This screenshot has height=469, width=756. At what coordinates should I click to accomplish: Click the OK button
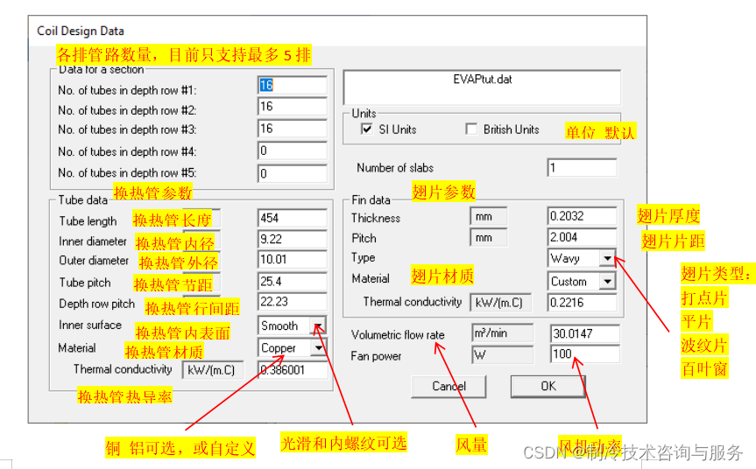point(548,386)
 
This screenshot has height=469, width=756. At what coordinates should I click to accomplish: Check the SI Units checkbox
point(368,129)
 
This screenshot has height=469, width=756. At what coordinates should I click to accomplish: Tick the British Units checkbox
point(473,129)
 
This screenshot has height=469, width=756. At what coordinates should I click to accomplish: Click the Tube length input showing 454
point(292,218)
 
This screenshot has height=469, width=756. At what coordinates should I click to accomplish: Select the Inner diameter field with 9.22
point(292,239)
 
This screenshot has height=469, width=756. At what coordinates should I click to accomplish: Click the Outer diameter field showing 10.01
point(292,260)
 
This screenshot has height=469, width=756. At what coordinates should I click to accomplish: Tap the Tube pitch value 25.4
point(292,282)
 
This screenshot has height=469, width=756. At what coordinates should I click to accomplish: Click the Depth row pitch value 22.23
point(292,303)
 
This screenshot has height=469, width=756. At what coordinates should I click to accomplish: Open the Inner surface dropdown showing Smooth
point(319,325)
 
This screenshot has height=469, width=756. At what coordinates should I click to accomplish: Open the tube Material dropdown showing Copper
point(319,347)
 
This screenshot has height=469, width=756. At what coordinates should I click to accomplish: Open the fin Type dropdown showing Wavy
point(607,258)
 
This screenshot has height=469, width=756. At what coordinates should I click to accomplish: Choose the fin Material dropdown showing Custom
point(607,282)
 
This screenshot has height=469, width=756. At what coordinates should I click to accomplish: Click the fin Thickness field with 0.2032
point(582,215)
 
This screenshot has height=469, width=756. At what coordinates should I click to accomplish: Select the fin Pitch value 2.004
point(582,237)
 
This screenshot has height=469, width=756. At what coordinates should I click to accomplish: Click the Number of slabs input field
point(582,167)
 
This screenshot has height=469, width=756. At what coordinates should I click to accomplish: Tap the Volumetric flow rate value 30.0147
point(583,333)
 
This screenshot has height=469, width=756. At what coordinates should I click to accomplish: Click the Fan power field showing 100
point(583,354)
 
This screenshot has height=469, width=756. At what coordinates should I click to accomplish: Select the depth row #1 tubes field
point(292,85)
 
